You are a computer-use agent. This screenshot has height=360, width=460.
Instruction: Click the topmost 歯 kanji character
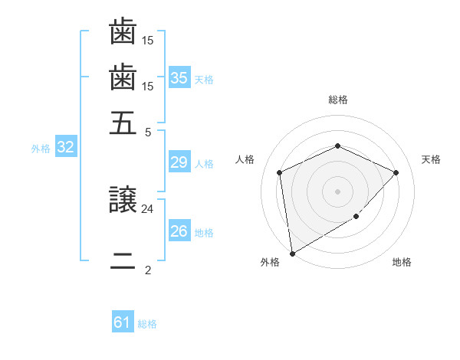(123, 33)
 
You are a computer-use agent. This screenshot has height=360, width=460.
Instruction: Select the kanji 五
(123, 123)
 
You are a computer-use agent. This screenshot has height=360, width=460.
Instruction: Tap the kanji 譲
(123, 201)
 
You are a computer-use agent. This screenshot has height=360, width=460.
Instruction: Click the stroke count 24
(148, 208)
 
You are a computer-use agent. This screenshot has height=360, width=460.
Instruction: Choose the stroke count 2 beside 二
(148, 270)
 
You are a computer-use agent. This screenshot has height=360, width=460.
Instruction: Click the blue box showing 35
(179, 77)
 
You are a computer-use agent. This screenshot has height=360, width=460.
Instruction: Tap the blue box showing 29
(179, 162)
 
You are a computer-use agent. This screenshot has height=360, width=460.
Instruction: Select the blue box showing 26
(179, 231)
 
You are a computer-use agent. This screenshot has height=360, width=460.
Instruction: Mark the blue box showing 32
(65, 148)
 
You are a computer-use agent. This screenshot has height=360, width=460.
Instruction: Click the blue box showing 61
(123, 322)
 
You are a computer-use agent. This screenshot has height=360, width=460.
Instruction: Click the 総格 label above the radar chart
(338, 100)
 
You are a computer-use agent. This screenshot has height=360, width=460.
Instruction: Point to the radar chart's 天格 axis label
(431, 159)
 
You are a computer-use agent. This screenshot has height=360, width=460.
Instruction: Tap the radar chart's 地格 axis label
(402, 263)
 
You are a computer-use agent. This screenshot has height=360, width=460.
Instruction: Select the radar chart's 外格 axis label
(270, 263)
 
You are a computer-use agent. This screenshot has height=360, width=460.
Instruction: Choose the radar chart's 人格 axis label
(245, 159)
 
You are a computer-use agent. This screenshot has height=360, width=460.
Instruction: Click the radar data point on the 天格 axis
(396, 172)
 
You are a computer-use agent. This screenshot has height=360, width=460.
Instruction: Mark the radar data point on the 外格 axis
(292, 253)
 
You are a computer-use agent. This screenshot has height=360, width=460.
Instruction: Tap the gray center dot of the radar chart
(338, 191)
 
